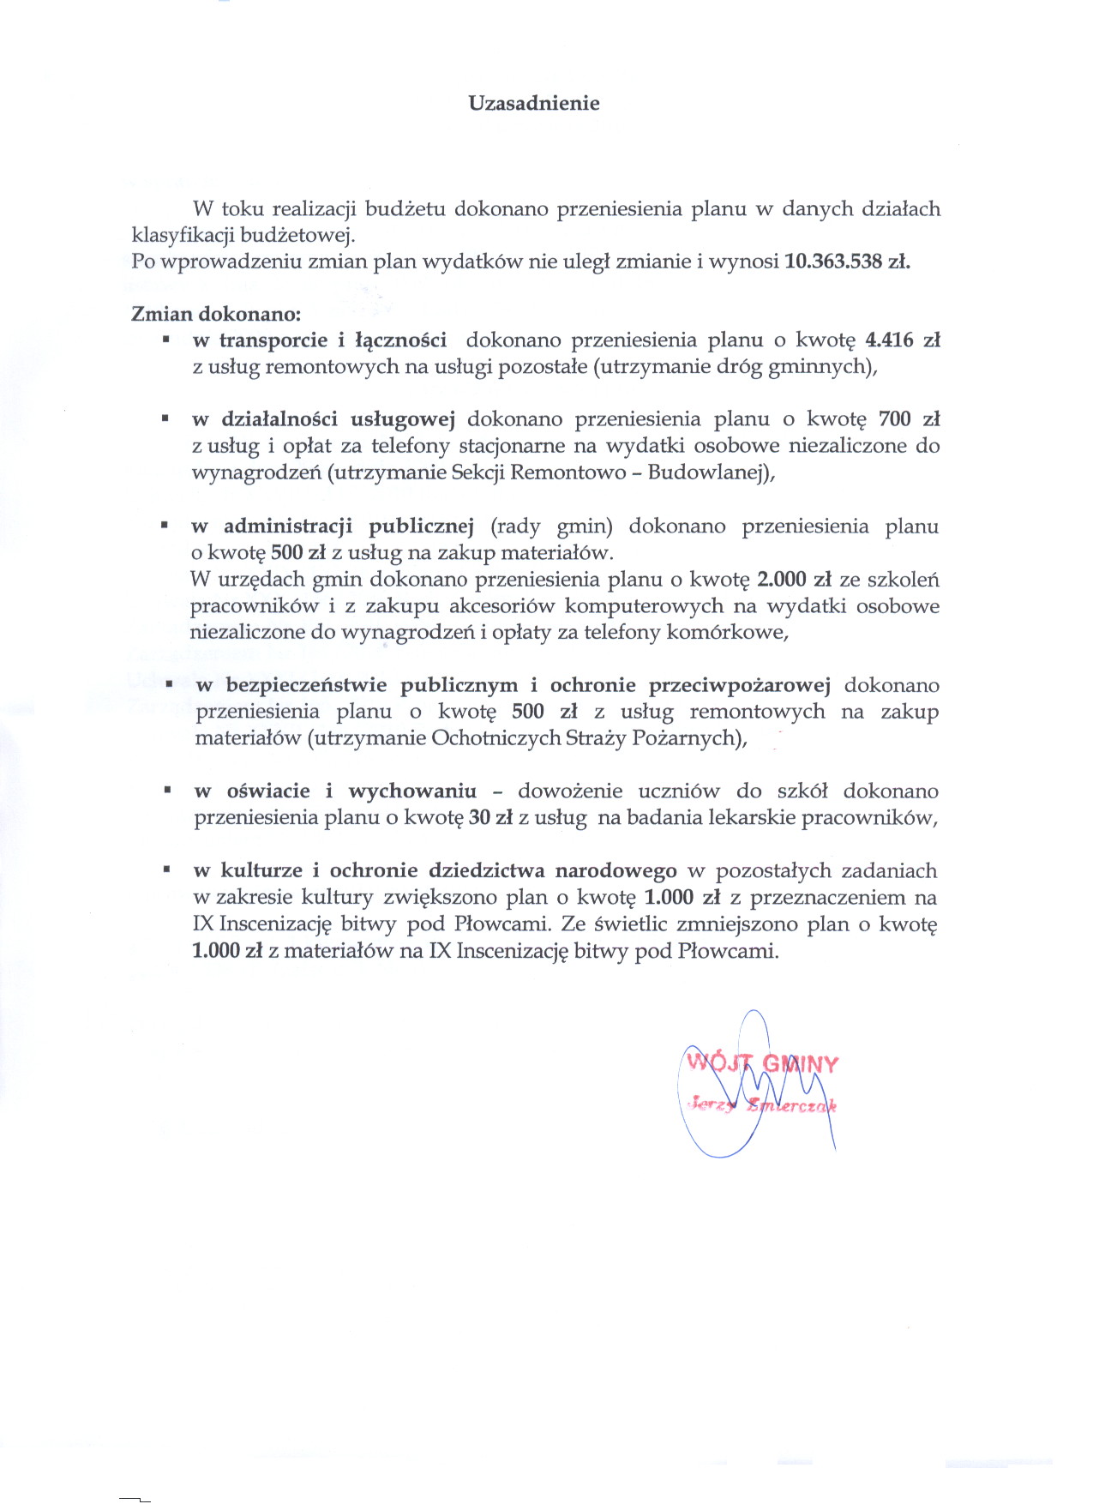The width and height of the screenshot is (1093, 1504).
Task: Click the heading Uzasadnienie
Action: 533,104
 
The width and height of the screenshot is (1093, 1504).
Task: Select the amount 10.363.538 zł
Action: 847,262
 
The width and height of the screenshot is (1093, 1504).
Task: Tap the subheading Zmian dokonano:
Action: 216,314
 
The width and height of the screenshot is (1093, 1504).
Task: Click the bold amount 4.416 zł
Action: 903,340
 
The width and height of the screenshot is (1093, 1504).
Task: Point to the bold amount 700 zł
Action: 909,419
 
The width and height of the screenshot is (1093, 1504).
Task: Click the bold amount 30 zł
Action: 490,817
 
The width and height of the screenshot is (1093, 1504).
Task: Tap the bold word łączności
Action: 400,340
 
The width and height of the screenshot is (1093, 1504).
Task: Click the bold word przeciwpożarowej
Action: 739,685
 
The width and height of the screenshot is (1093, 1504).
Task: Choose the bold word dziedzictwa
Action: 486,871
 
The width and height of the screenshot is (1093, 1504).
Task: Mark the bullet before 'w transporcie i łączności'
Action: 165,340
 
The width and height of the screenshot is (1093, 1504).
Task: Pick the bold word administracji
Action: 288,526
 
